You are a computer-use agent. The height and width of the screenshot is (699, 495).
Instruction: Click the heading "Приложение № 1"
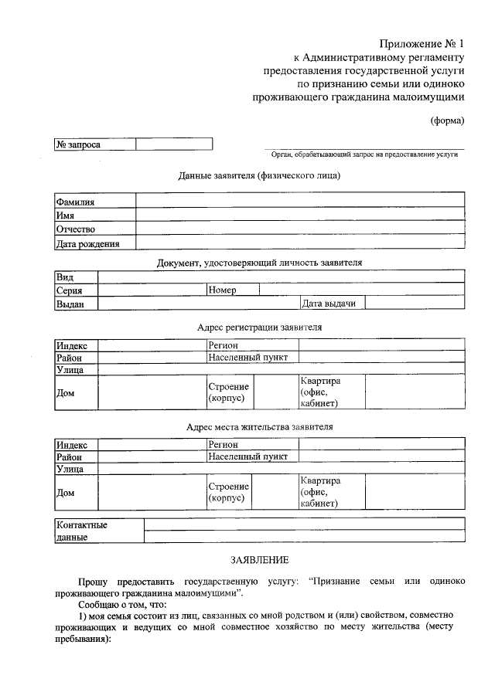(x=421, y=43)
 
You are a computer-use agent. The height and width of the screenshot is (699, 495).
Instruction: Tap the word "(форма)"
(x=447, y=120)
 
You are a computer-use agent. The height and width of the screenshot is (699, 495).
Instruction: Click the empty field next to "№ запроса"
(x=174, y=144)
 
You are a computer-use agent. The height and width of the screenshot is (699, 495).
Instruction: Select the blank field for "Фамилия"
(x=300, y=201)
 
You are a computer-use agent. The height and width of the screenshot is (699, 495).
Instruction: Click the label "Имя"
(x=65, y=215)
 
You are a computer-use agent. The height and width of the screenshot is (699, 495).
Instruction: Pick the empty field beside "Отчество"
(x=300, y=229)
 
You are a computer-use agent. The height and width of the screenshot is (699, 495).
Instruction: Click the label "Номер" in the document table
(x=222, y=290)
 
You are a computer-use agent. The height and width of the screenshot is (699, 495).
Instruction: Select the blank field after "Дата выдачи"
(x=415, y=304)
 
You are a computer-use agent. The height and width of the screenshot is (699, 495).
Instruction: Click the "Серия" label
(x=69, y=291)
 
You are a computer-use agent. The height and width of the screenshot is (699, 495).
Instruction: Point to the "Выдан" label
(x=70, y=304)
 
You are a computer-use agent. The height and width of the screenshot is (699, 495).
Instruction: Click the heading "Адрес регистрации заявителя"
(x=259, y=327)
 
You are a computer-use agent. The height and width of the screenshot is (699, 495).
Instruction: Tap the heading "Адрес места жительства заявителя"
(x=259, y=426)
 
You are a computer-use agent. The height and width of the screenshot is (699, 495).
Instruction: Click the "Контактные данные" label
(x=81, y=531)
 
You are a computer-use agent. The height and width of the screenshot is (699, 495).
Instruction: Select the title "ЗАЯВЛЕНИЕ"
(x=259, y=558)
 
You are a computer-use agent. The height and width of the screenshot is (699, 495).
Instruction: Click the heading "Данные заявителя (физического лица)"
(x=259, y=175)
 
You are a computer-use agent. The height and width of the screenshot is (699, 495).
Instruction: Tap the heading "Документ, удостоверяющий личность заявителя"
(x=259, y=263)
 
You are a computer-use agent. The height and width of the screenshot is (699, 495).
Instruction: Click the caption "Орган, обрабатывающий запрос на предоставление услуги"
(x=364, y=154)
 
